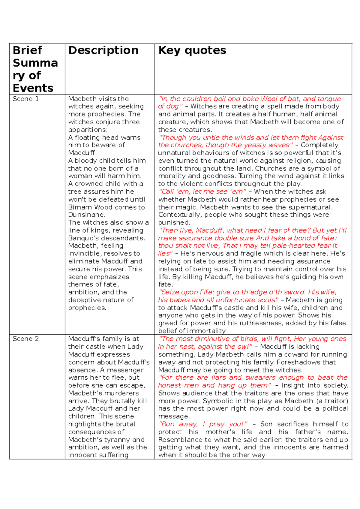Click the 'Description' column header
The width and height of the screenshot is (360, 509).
tap(103, 50)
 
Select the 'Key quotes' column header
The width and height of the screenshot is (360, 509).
tap(192, 50)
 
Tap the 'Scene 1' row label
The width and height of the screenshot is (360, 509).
tap(25, 99)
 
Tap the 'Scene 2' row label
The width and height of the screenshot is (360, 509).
tap(25, 339)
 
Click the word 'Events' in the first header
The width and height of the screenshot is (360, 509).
tap(33, 88)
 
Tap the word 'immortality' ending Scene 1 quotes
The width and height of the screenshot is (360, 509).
tap(206, 331)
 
